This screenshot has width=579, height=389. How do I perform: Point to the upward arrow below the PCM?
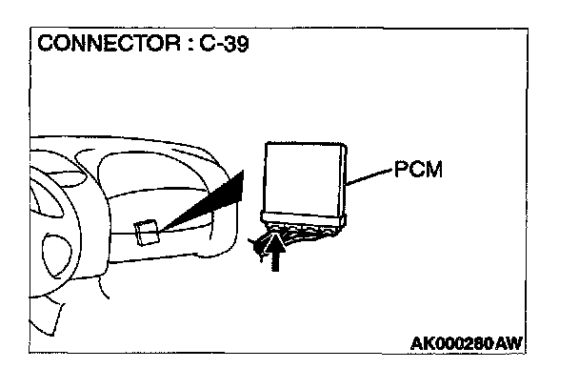coord(276,255)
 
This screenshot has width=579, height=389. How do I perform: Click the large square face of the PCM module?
coord(304,176)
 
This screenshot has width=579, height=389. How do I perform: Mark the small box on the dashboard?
coord(146,233)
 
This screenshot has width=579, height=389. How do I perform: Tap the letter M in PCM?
coord(436,172)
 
